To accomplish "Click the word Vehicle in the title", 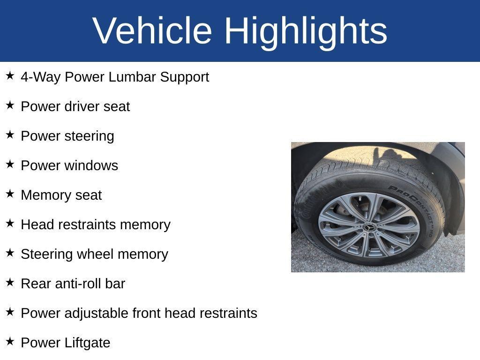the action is click(x=152, y=30).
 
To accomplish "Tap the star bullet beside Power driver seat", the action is click(x=10, y=105).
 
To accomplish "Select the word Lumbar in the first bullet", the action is click(x=132, y=76).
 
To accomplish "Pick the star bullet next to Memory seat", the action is click(x=10, y=194).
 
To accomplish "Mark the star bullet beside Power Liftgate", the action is click(x=10, y=341).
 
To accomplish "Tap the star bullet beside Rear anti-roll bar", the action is click(x=10, y=282).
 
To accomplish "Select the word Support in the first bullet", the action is click(x=185, y=77).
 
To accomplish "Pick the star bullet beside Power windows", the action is click(x=10, y=164).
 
